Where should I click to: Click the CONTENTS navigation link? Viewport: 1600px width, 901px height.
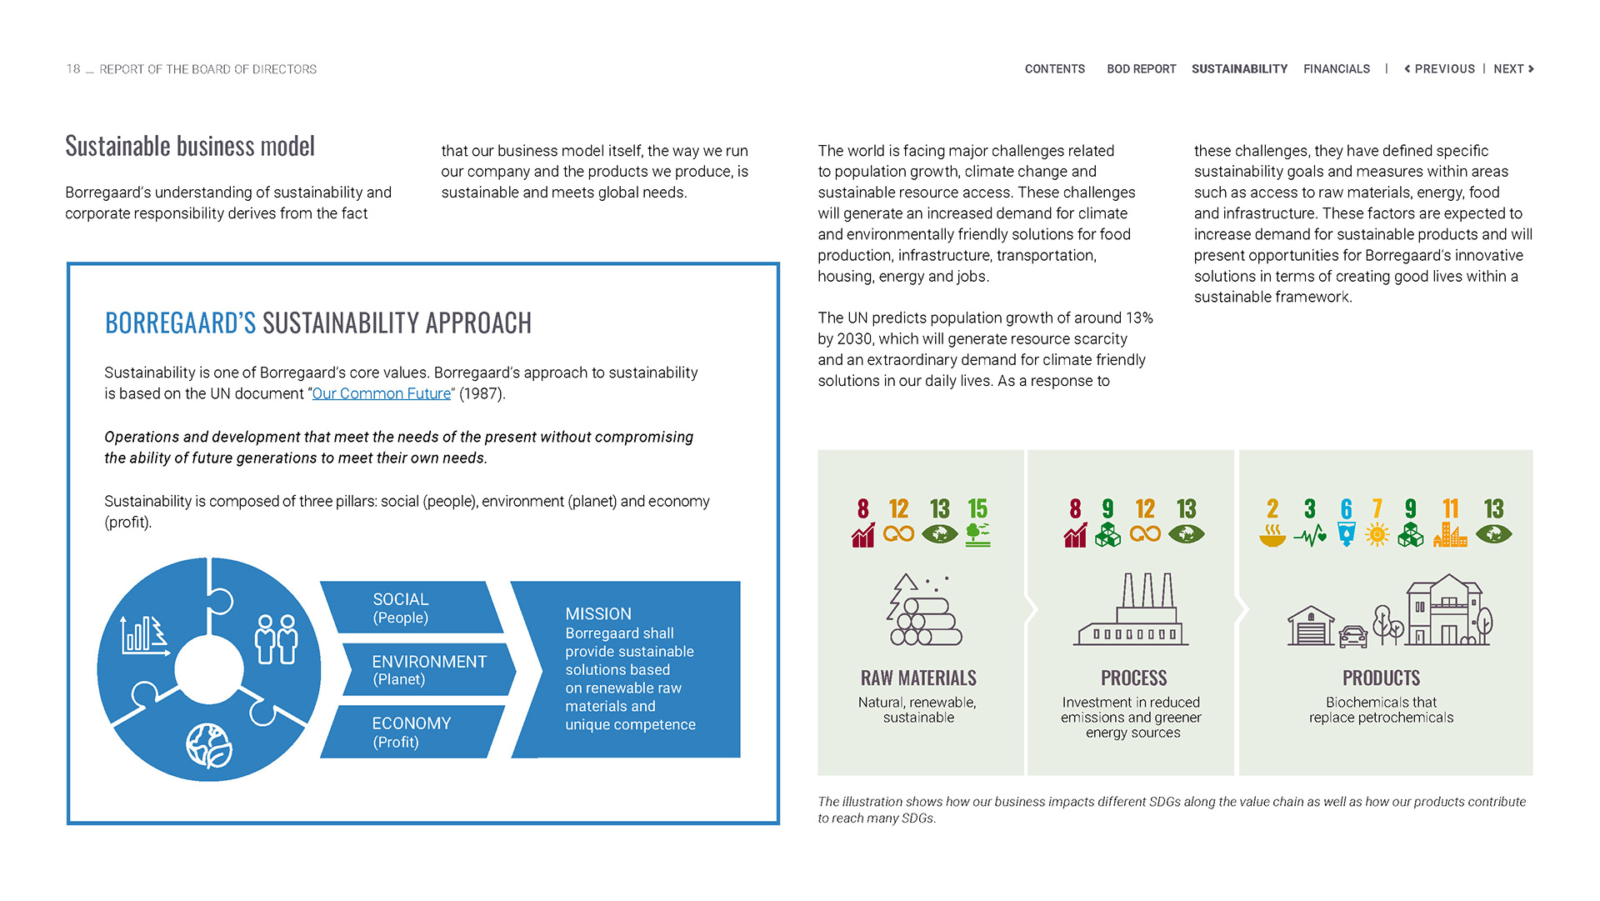coord(1054,69)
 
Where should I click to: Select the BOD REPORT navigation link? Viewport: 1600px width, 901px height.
coord(1141,69)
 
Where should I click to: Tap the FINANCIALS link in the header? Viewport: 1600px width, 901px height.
coord(1336,69)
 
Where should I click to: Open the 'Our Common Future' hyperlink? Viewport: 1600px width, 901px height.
coord(381,393)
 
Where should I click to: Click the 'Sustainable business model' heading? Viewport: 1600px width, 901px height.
coord(190,147)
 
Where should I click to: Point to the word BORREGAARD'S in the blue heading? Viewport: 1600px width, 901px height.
coord(180,323)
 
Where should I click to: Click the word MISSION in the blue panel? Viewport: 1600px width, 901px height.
coord(598,614)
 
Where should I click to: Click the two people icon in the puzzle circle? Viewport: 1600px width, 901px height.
coord(276,638)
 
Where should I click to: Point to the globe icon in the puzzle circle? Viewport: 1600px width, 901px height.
coord(208,745)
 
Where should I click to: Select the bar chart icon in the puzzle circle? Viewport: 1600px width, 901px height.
coord(144,635)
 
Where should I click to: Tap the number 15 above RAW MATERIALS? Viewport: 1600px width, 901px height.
coord(977,508)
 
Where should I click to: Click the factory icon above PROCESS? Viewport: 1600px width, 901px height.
coord(1132,610)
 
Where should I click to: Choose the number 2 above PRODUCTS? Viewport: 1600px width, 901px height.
coord(1272,508)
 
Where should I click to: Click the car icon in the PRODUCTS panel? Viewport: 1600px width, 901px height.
coord(1353,637)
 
